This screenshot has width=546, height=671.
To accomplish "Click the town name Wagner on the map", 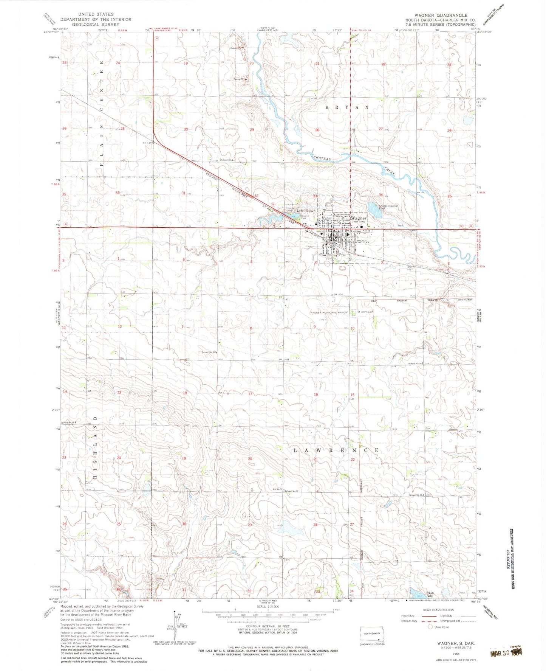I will click(x=359, y=218).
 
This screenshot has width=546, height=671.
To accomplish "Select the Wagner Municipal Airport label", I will click(x=329, y=312).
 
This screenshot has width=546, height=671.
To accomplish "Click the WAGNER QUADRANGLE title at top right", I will click(x=441, y=16).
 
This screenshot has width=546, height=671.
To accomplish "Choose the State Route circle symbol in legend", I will click(x=430, y=627).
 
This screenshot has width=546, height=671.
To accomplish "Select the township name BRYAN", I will click(x=347, y=107).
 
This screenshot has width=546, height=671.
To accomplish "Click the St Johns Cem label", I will click(x=365, y=312).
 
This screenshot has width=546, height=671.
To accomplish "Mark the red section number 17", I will click(x=250, y=394).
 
